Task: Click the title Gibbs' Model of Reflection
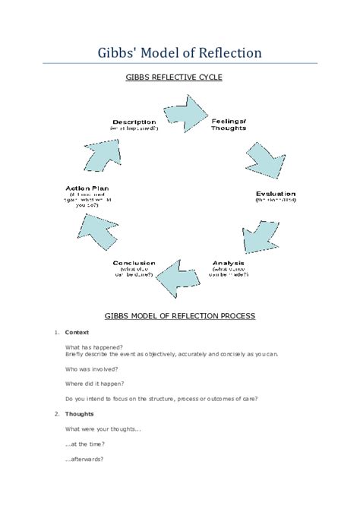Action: pyautogui.click(x=180, y=52)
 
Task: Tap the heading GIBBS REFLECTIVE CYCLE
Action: pyautogui.click(x=179, y=77)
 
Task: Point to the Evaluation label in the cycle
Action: pyautogui.click(x=275, y=194)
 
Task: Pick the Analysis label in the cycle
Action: pyautogui.click(x=228, y=264)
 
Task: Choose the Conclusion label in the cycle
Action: pyautogui.click(x=134, y=264)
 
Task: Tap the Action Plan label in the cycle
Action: pyautogui.click(x=86, y=188)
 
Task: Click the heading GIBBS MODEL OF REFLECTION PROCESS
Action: pyautogui.click(x=179, y=315)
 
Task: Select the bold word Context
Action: pyautogui.click(x=77, y=332)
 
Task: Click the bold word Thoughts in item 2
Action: pyautogui.click(x=79, y=414)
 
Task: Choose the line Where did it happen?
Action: pyautogui.click(x=94, y=383)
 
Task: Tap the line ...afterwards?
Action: pyautogui.click(x=84, y=459)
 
